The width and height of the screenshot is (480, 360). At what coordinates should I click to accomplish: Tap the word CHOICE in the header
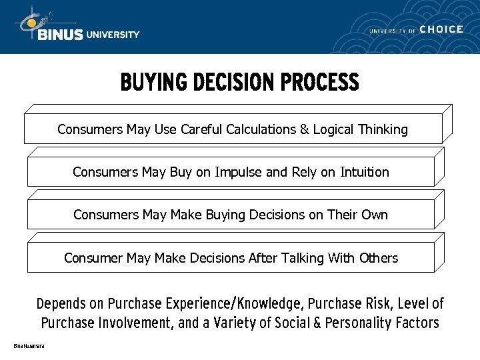[441, 29]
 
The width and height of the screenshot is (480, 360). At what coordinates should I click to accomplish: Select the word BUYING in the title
[153, 83]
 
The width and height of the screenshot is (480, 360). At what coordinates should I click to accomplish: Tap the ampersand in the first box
[305, 129]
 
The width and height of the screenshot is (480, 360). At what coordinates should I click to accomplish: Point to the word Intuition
[364, 172]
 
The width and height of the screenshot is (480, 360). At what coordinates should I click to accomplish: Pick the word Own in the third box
[375, 215]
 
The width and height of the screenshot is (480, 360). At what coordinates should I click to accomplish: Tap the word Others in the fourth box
[378, 258]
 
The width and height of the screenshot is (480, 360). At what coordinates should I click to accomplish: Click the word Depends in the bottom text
[61, 304]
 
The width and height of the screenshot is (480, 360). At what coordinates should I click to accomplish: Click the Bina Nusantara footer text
[29, 345]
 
